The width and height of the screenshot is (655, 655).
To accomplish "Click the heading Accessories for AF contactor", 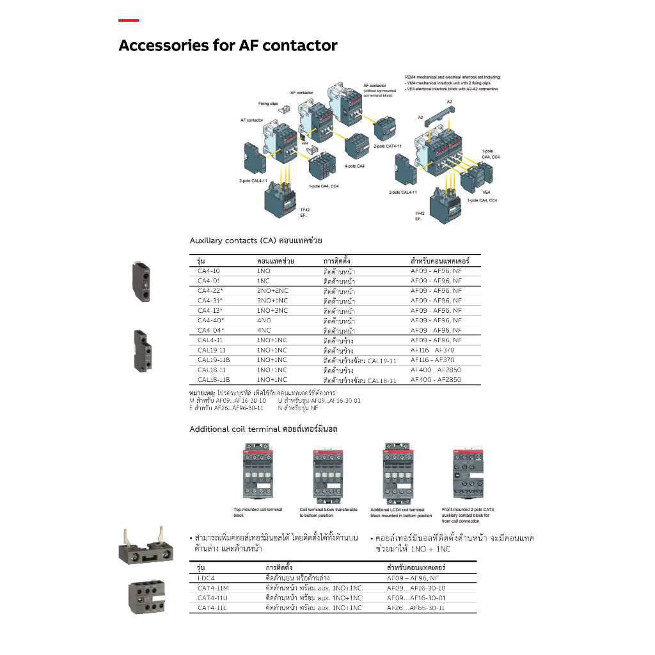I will point(228,46).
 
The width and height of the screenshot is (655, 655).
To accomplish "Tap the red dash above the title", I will point(129,21).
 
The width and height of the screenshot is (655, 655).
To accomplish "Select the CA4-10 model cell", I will point(209,271).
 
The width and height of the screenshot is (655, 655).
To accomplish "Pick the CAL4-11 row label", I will point(210,340).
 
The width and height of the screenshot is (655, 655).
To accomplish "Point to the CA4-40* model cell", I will point(210,320).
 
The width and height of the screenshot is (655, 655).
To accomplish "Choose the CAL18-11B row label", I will point(214,380).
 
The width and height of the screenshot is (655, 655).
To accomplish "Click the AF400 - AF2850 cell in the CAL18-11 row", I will point(436,370).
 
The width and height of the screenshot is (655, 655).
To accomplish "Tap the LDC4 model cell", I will point(206,578).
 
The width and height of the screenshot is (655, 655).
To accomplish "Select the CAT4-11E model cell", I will point(212,608).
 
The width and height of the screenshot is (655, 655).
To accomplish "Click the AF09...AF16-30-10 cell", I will point(416,588).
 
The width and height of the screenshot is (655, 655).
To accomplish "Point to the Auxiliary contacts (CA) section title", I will point(256,241).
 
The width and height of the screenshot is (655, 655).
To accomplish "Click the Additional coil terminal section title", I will point(263,429).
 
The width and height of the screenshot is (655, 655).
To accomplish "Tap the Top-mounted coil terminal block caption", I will point(257,512).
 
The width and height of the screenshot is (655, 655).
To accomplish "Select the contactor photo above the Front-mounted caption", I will point(471,473).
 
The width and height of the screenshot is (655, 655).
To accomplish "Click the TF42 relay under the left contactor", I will point(281,202).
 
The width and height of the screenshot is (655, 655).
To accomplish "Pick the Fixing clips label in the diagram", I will point(268,104).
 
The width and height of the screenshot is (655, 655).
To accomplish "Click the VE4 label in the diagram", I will point(486,192).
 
